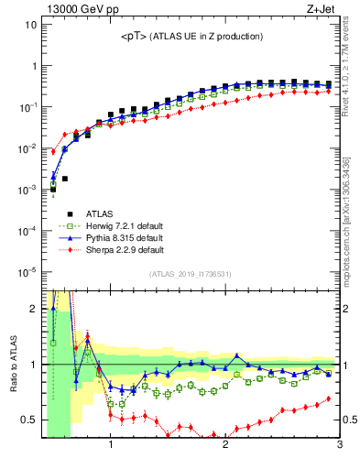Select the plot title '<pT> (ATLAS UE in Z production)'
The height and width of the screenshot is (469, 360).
191,37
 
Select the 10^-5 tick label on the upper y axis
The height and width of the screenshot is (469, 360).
26,271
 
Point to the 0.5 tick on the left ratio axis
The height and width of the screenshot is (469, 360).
28,420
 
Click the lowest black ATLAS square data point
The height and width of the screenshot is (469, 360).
53,190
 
